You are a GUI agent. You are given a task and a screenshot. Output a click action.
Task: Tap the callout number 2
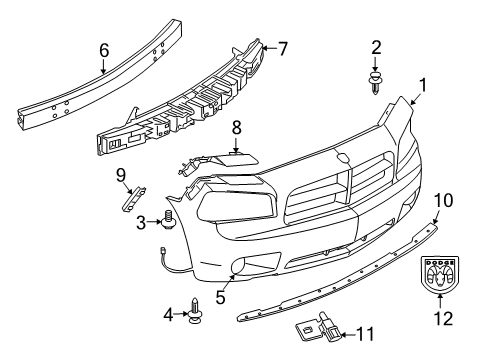tap(376, 46)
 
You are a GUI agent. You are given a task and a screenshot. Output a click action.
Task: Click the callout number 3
tap(141, 221)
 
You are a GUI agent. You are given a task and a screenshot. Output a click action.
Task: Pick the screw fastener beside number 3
tap(170, 218)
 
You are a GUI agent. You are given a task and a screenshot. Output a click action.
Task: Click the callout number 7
tap(282, 46)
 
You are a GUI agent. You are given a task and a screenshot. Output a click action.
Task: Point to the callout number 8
tap(237, 127)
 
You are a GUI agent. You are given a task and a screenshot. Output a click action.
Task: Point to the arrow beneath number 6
tap(104, 66)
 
